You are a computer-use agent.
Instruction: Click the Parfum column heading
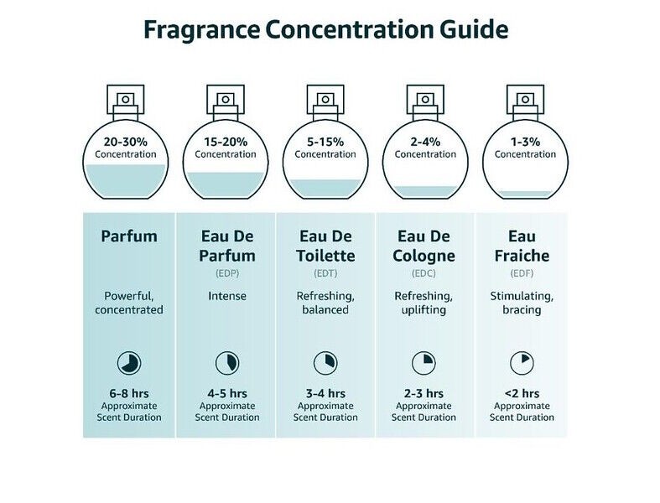pos(129,236)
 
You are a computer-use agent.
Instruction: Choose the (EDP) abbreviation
pos(226,273)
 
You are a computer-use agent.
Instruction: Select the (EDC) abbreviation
pos(424,273)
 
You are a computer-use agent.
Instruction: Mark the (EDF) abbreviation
pos(522,273)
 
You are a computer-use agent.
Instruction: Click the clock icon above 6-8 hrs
pos(129,363)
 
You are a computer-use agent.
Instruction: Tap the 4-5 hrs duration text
pos(227,393)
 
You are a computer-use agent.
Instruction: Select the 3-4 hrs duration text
pos(325,393)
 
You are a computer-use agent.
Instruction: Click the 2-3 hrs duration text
pos(424,393)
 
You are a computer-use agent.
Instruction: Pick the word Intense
pos(227,296)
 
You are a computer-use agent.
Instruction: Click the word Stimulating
pos(521,296)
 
